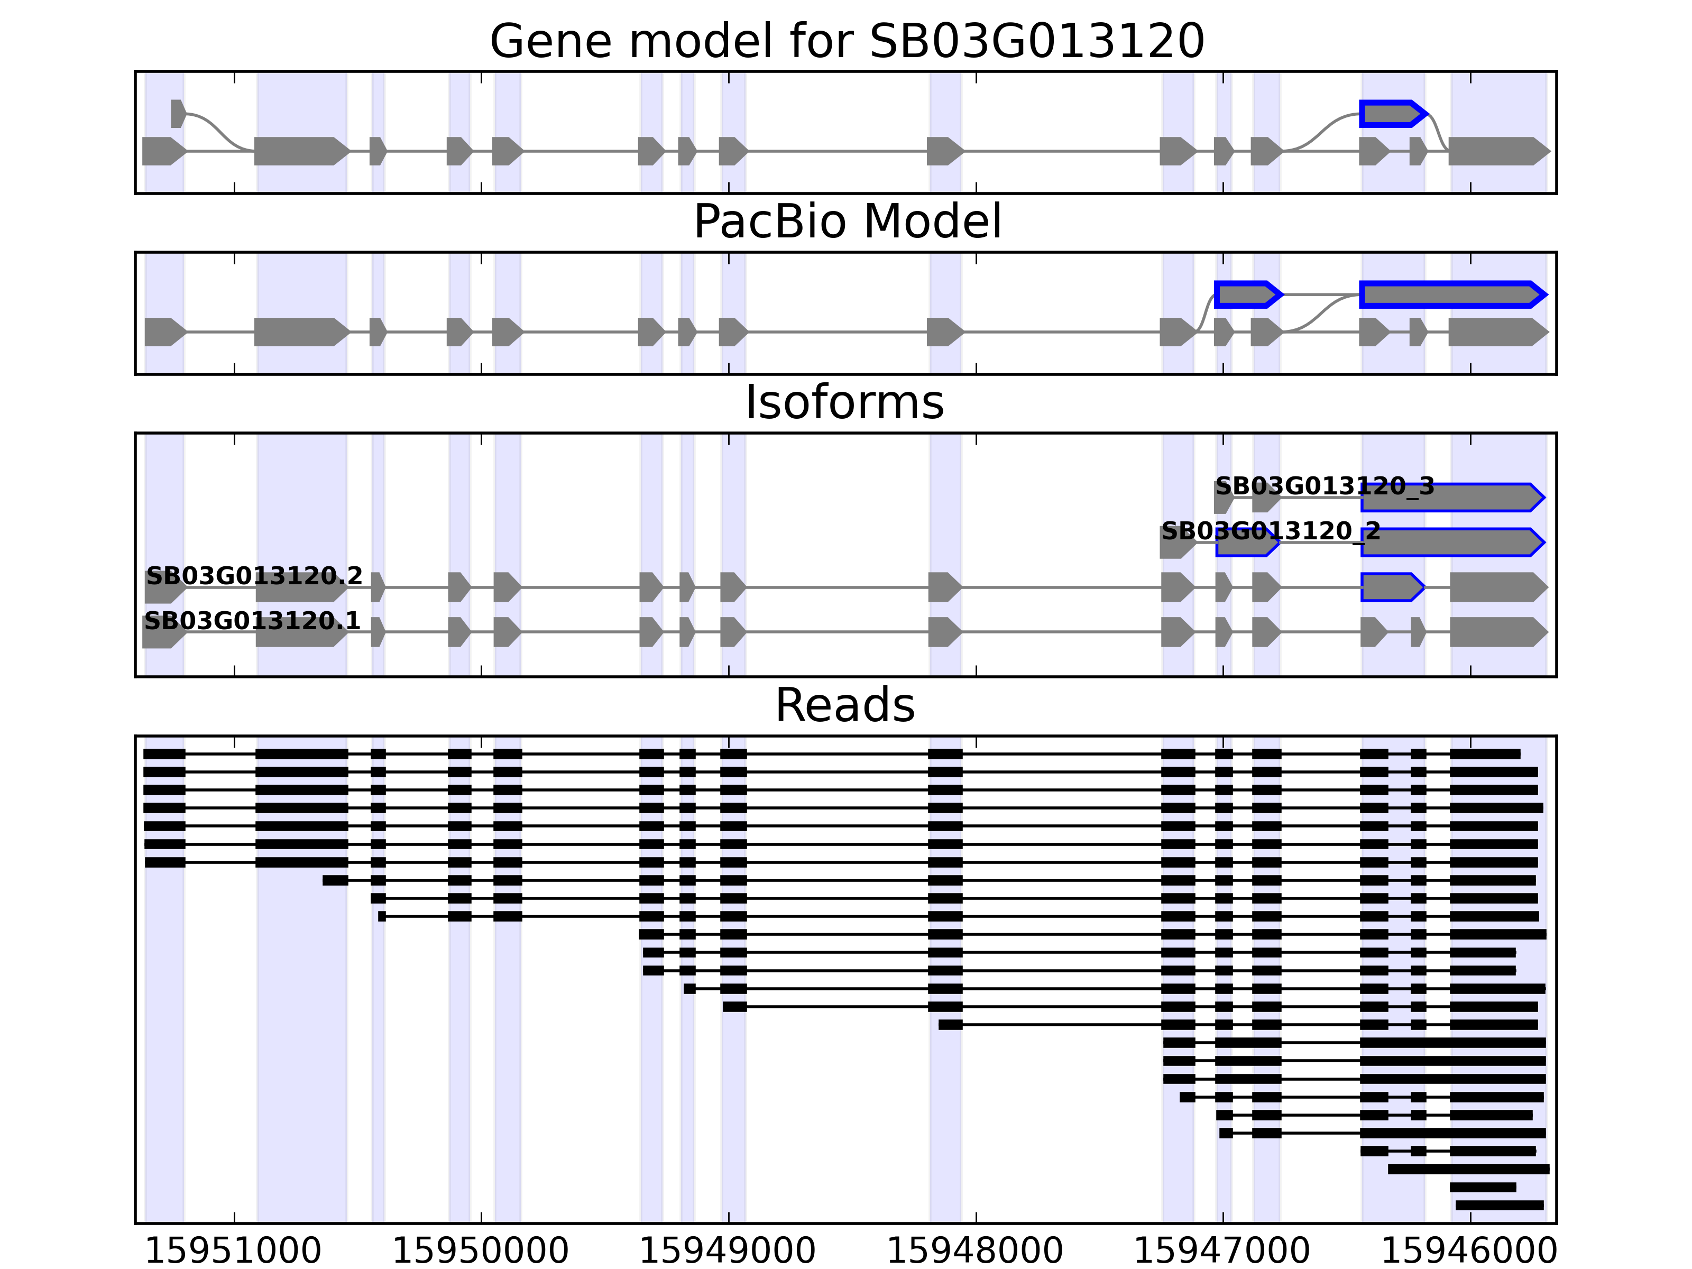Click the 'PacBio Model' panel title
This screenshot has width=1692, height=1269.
pyautogui.click(x=847, y=222)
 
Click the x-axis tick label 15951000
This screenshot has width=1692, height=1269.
pyautogui.click(x=233, y=1252)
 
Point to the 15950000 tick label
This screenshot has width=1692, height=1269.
pyautogui.click(x=480, y=1252)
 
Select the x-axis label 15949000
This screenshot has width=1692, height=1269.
pyautogui.click(x=728, y=1252)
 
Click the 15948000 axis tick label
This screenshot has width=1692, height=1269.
pyautogui.click(x=974, y=1252)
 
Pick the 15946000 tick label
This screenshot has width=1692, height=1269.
pyautogui.click(x=1469, y=1252)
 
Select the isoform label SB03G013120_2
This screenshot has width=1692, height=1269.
pyautogui.click(x=1271, y=531)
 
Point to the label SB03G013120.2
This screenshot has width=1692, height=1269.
pyautogui.click(x=254, y=576)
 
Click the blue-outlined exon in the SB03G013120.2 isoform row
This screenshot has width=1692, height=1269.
pyautogui.click(x=1391, y=587)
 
